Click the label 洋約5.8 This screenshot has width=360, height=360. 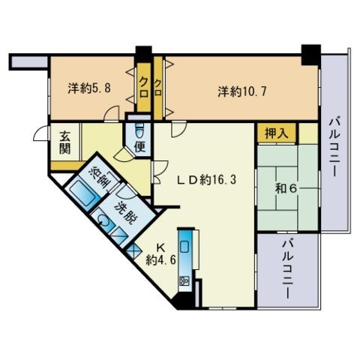89,88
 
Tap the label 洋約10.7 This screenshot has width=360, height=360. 242,91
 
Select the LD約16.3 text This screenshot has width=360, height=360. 206,179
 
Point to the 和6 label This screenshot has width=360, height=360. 286,189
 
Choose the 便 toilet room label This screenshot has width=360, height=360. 140,147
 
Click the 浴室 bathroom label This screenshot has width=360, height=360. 100,177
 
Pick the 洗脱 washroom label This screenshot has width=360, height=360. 127,213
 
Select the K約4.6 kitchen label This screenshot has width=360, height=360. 161,254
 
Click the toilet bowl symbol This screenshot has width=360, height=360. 139,130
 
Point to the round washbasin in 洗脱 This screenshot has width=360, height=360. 103,220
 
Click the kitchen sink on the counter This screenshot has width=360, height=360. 185,247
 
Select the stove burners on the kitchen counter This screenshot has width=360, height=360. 184,280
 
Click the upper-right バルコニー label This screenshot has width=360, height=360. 335,148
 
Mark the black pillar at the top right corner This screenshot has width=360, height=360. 311,55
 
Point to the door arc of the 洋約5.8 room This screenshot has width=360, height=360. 111,114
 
